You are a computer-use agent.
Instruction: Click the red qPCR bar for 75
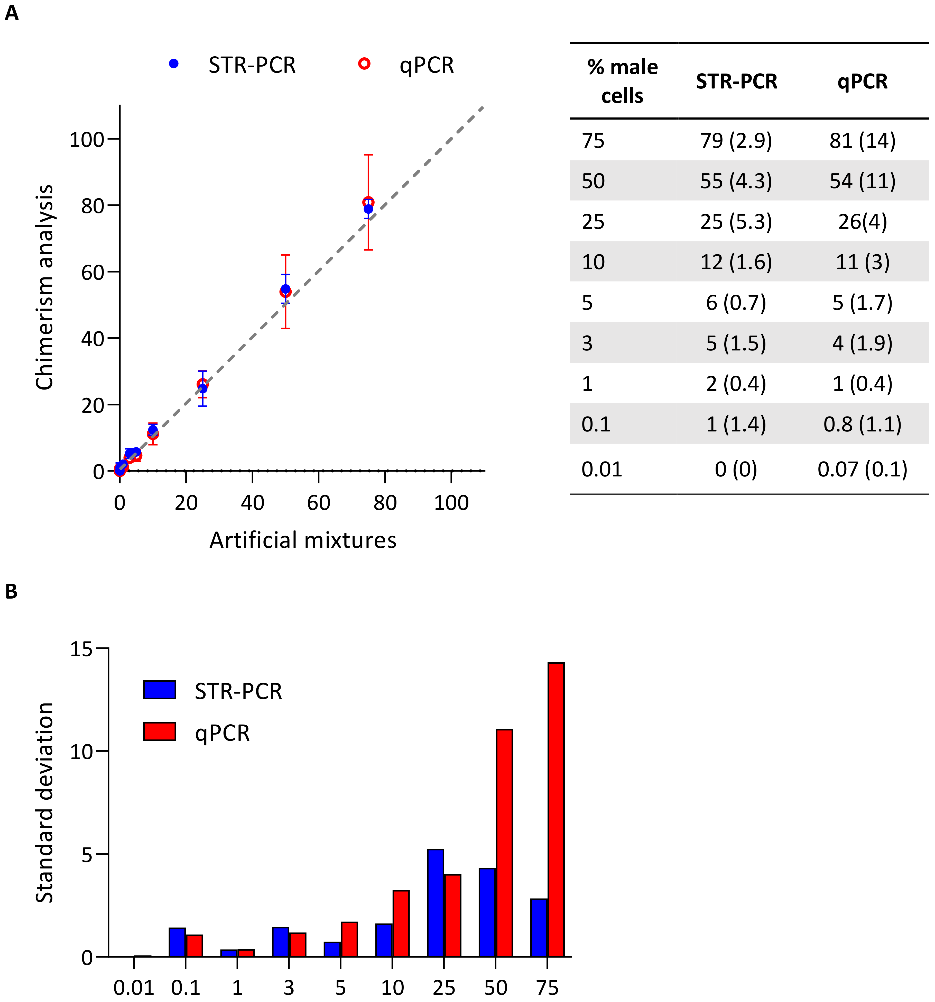click(556, 809)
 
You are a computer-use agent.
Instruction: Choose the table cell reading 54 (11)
click(862, 181)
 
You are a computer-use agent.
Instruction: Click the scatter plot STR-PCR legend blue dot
click(174, 64)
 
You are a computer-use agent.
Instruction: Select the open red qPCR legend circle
click(364, 64)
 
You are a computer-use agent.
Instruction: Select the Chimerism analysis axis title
click(44, 287)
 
